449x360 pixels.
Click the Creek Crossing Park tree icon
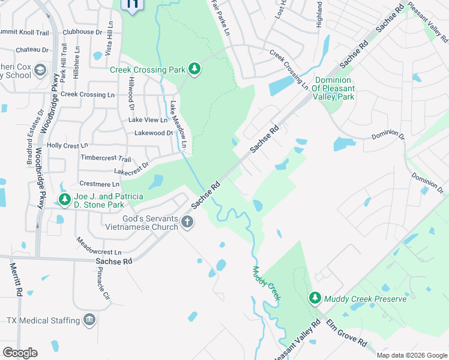(x=194, y=70)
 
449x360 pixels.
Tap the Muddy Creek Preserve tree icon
(x=315, y=298)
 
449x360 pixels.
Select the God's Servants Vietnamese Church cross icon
(x=187, y=223)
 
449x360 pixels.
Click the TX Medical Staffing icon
(x=90, y=320)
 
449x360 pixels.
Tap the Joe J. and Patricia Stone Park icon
(x=64, y=199)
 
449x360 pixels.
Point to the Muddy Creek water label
(x=267, y=283)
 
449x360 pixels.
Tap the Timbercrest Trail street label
(x=105, y=158)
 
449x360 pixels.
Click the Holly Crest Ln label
(x=67, y=145)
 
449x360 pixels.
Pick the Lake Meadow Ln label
(x=179, y=125)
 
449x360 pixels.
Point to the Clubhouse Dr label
(x=82, y=32)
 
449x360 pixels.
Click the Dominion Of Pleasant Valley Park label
(x=335, y=88)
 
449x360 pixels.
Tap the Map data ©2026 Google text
(x=411, y=355)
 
